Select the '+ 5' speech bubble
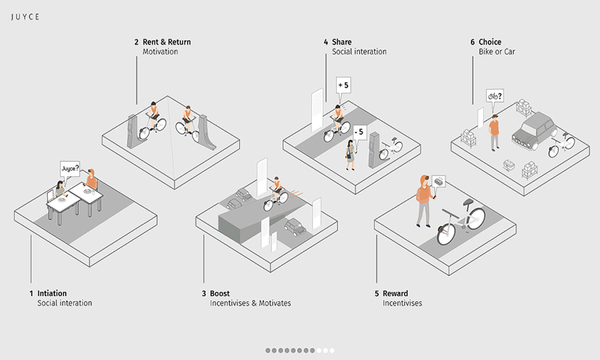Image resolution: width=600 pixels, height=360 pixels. tap(342, 86)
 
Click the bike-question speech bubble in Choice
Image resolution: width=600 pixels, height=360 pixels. tap(496, 96)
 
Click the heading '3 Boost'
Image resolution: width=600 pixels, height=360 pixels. tap(215, 293)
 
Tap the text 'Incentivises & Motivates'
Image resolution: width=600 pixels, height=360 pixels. tap(250, 303)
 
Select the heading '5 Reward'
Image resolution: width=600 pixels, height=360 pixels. tap(387, 293)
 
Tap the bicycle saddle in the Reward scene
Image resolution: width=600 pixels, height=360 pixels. tap(469, 202)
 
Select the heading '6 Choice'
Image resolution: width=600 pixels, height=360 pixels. tap(485, 42)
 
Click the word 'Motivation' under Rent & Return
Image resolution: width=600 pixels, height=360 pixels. tap(160, 52)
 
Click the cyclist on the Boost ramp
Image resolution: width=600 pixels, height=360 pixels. tap(276, 190)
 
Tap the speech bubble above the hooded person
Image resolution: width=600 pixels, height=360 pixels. tap(439, 181)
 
